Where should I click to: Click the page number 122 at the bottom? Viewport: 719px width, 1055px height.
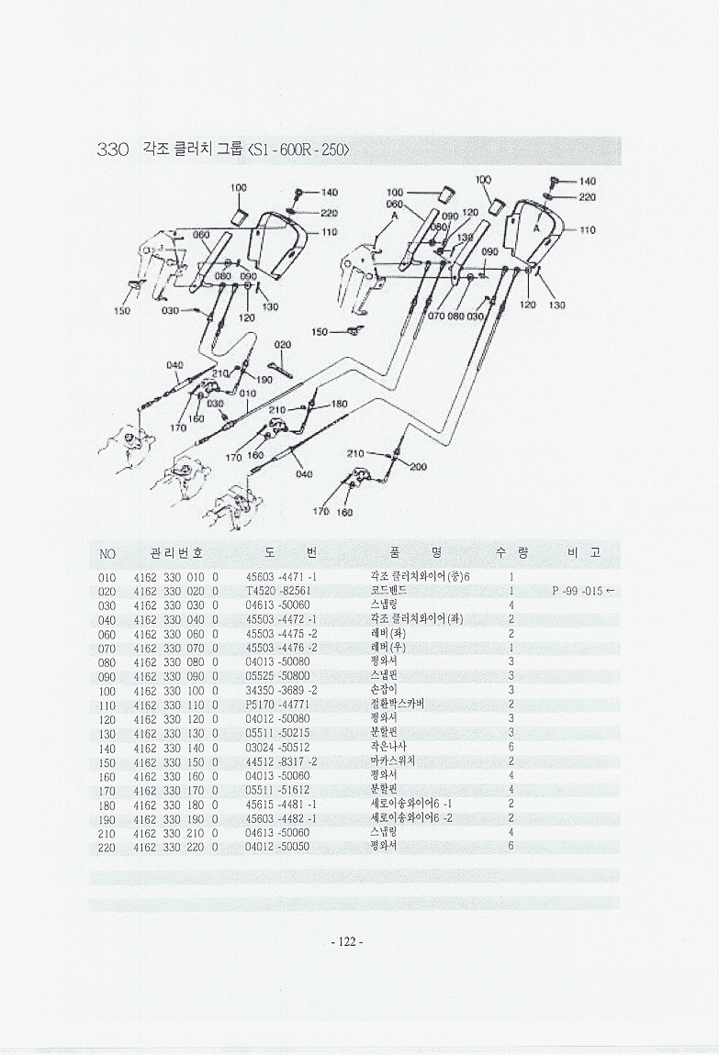[x=346, y=941]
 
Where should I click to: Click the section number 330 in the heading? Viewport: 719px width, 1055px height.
[x=113, y=150]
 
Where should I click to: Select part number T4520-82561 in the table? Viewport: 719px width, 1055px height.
[x=279, y=591]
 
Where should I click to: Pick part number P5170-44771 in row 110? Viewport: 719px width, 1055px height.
[x=280, y=705]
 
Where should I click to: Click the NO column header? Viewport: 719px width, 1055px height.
[x=107, y=553]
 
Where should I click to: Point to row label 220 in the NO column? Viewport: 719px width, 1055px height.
[x=107, y=847]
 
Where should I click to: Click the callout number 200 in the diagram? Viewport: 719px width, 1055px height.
[x=418, y=467]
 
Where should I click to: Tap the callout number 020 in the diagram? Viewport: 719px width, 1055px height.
[x=283, y=345]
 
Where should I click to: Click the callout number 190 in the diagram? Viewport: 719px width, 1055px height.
[x=264, y=379]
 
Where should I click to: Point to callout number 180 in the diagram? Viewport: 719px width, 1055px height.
[x=338, y=404]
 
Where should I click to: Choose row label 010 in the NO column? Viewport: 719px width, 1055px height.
[x=107, y=577]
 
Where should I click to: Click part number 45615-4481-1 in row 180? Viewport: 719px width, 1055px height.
[x=281, y=805]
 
